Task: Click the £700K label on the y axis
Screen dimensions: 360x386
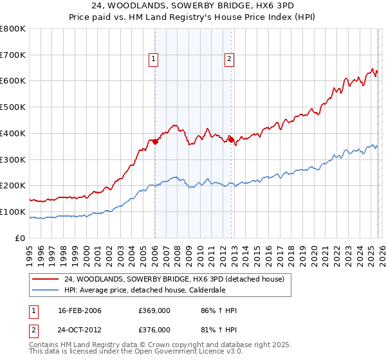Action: (x=13, y=55)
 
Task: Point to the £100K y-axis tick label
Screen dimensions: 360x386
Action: (x=13, y=212)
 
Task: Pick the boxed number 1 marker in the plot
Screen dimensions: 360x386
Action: (x=154, y=59)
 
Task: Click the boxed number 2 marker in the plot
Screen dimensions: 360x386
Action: (x=230, y=59)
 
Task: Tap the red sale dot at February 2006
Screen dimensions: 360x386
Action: (x=155, y=141)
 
